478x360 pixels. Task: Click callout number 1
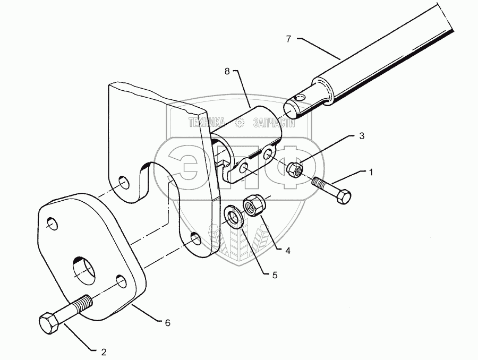(370, 171)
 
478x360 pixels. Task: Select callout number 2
(103, 352)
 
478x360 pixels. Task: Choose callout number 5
(275, 275)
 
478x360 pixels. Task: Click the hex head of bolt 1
(343, 197)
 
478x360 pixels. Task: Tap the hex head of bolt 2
(49, 323)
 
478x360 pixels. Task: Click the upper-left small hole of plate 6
(52, 224)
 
